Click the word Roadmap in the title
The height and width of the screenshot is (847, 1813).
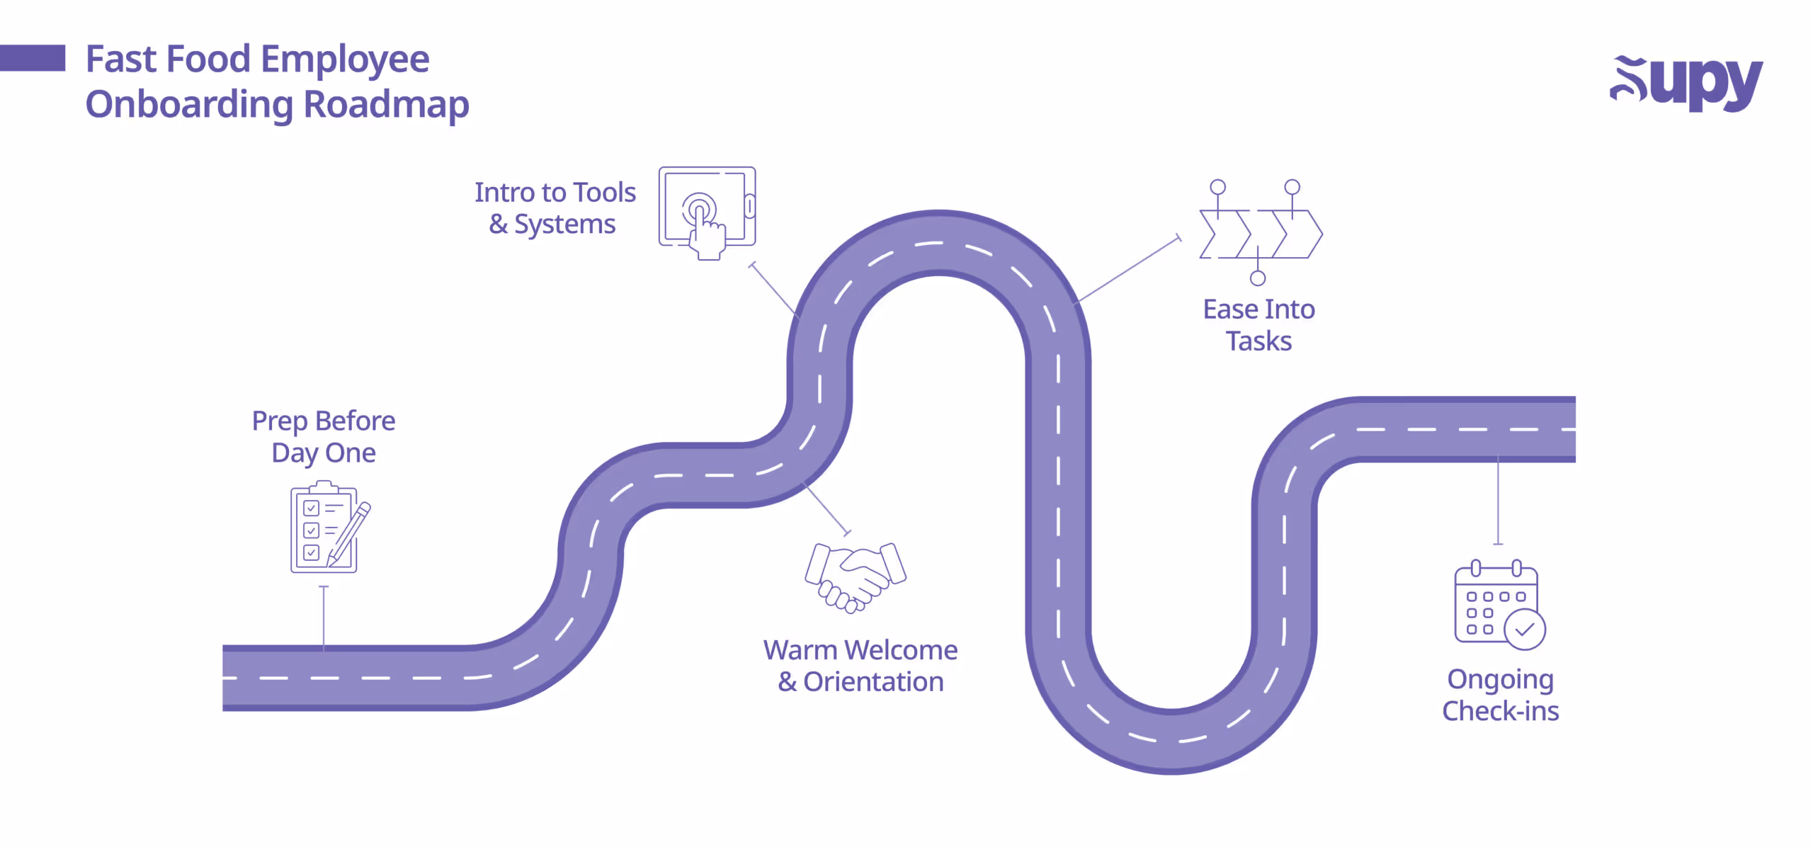pos(386,105)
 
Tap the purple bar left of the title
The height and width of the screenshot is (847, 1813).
pos(33,58)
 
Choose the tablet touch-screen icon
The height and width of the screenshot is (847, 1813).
pos(707,211)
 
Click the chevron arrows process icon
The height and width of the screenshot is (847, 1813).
pos(1261,233)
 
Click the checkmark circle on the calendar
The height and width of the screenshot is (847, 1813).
pos(1524,630)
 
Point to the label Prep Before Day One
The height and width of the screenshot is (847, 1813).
pos(324,437)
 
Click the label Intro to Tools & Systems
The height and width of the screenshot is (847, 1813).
pos(555,208)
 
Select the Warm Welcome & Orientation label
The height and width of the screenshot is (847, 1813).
pos(860,666)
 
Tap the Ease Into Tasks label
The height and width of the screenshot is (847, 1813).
pos(1258,325)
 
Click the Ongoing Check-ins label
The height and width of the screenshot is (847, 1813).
pos(1501,695)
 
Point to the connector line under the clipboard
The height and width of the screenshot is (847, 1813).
pos(324,616)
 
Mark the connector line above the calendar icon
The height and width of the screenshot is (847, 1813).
pos(1498,503)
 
